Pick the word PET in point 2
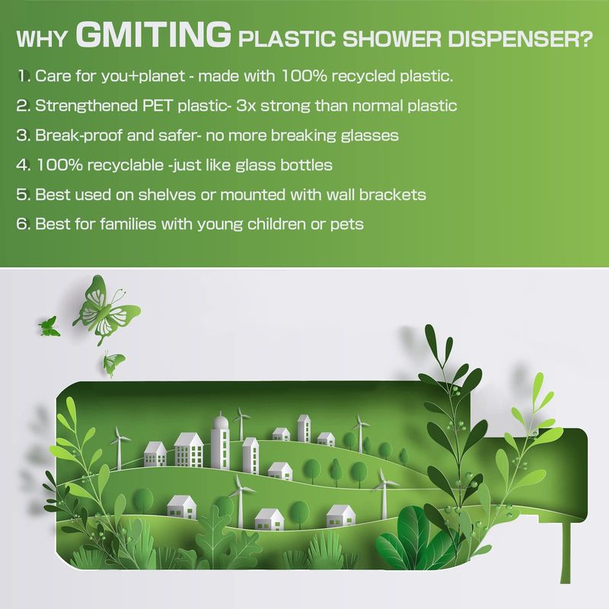click(x=167, y=106)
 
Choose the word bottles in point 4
click(x=306, y=165)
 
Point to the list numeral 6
click(x=22, y=224)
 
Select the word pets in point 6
click(x=346, y=224)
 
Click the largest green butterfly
click(x=108, y=310)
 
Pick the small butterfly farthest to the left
click(x=48, y=326)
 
